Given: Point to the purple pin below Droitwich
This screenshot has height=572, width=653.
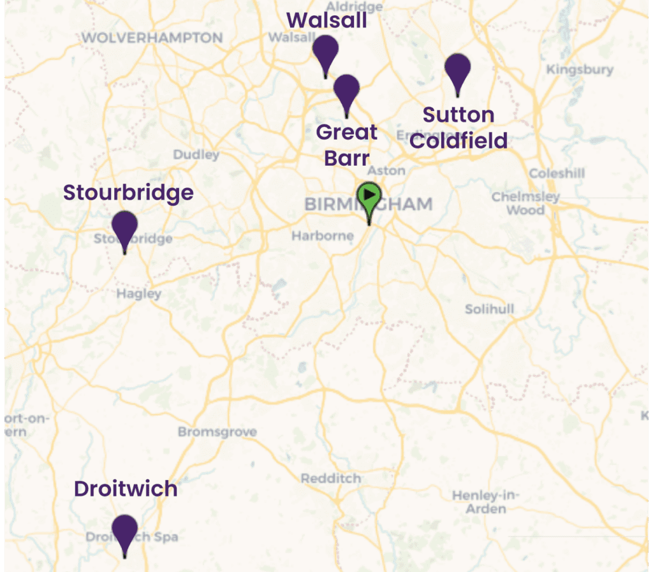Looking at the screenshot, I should (124, 530).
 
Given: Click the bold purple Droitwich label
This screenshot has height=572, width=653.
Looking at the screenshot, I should (126, 489).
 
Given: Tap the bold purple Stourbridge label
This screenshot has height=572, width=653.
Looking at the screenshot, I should (128, 193).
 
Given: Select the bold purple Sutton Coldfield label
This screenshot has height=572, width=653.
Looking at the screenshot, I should (459, 128).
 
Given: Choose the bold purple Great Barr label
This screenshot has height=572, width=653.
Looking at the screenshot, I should (347, 145).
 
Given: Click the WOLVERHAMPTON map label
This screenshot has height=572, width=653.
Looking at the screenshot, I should (152, 38).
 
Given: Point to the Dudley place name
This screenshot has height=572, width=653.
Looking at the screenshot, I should (196, 155).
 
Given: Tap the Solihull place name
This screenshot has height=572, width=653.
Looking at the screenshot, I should (489, 309).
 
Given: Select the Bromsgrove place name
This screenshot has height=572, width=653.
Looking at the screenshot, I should (217, 432).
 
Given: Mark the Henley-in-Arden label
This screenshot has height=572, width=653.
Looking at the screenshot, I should (486, 502).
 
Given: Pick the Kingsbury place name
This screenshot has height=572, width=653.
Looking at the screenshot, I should (580, 70).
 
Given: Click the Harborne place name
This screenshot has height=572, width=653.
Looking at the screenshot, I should (322, 236).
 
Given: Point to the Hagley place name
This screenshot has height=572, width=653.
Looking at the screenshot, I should (139, 294).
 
